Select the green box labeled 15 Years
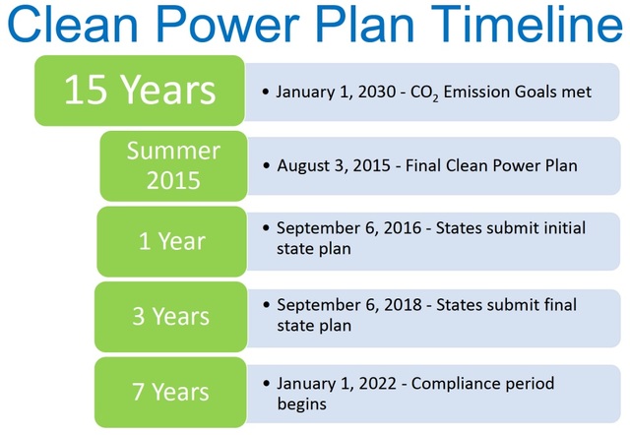point(140,91)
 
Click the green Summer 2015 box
point(173,165)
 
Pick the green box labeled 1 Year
point(172,241)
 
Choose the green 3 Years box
point(171,316)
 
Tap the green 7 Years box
point(171,392)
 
